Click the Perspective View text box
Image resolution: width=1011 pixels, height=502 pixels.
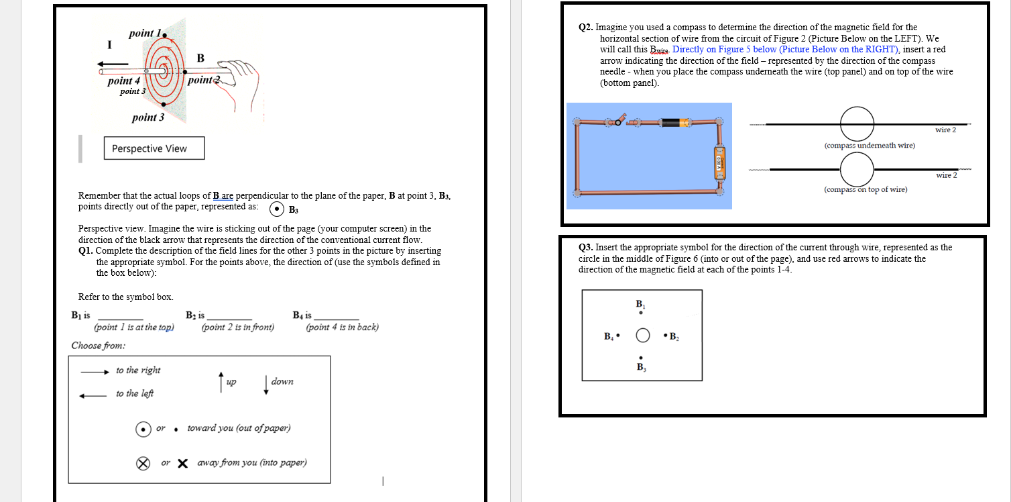point(154,148)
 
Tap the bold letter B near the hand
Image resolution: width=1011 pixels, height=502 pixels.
point(200,58)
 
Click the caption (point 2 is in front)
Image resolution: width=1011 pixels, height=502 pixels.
point(237,328)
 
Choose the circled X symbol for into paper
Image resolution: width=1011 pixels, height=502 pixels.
point(143,463)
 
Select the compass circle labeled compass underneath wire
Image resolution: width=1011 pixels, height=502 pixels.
point(857,124)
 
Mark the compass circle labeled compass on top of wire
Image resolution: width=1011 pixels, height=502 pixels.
point(857,169)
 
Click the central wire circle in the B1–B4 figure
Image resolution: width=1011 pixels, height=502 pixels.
point(642,335)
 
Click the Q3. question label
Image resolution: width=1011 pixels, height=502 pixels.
point(587,248)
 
